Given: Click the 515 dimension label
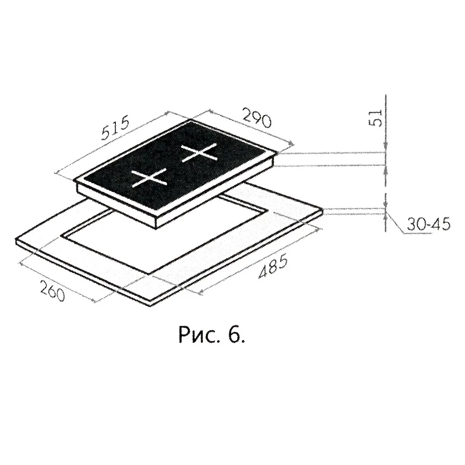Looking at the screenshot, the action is (115, 128).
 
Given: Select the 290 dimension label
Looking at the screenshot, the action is (257, 118).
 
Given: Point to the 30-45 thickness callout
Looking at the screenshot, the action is (428, 224).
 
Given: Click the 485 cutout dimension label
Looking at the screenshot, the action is (272, 266).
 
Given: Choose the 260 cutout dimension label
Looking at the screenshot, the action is (53, 290).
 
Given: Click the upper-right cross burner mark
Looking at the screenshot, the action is (199, 153).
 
